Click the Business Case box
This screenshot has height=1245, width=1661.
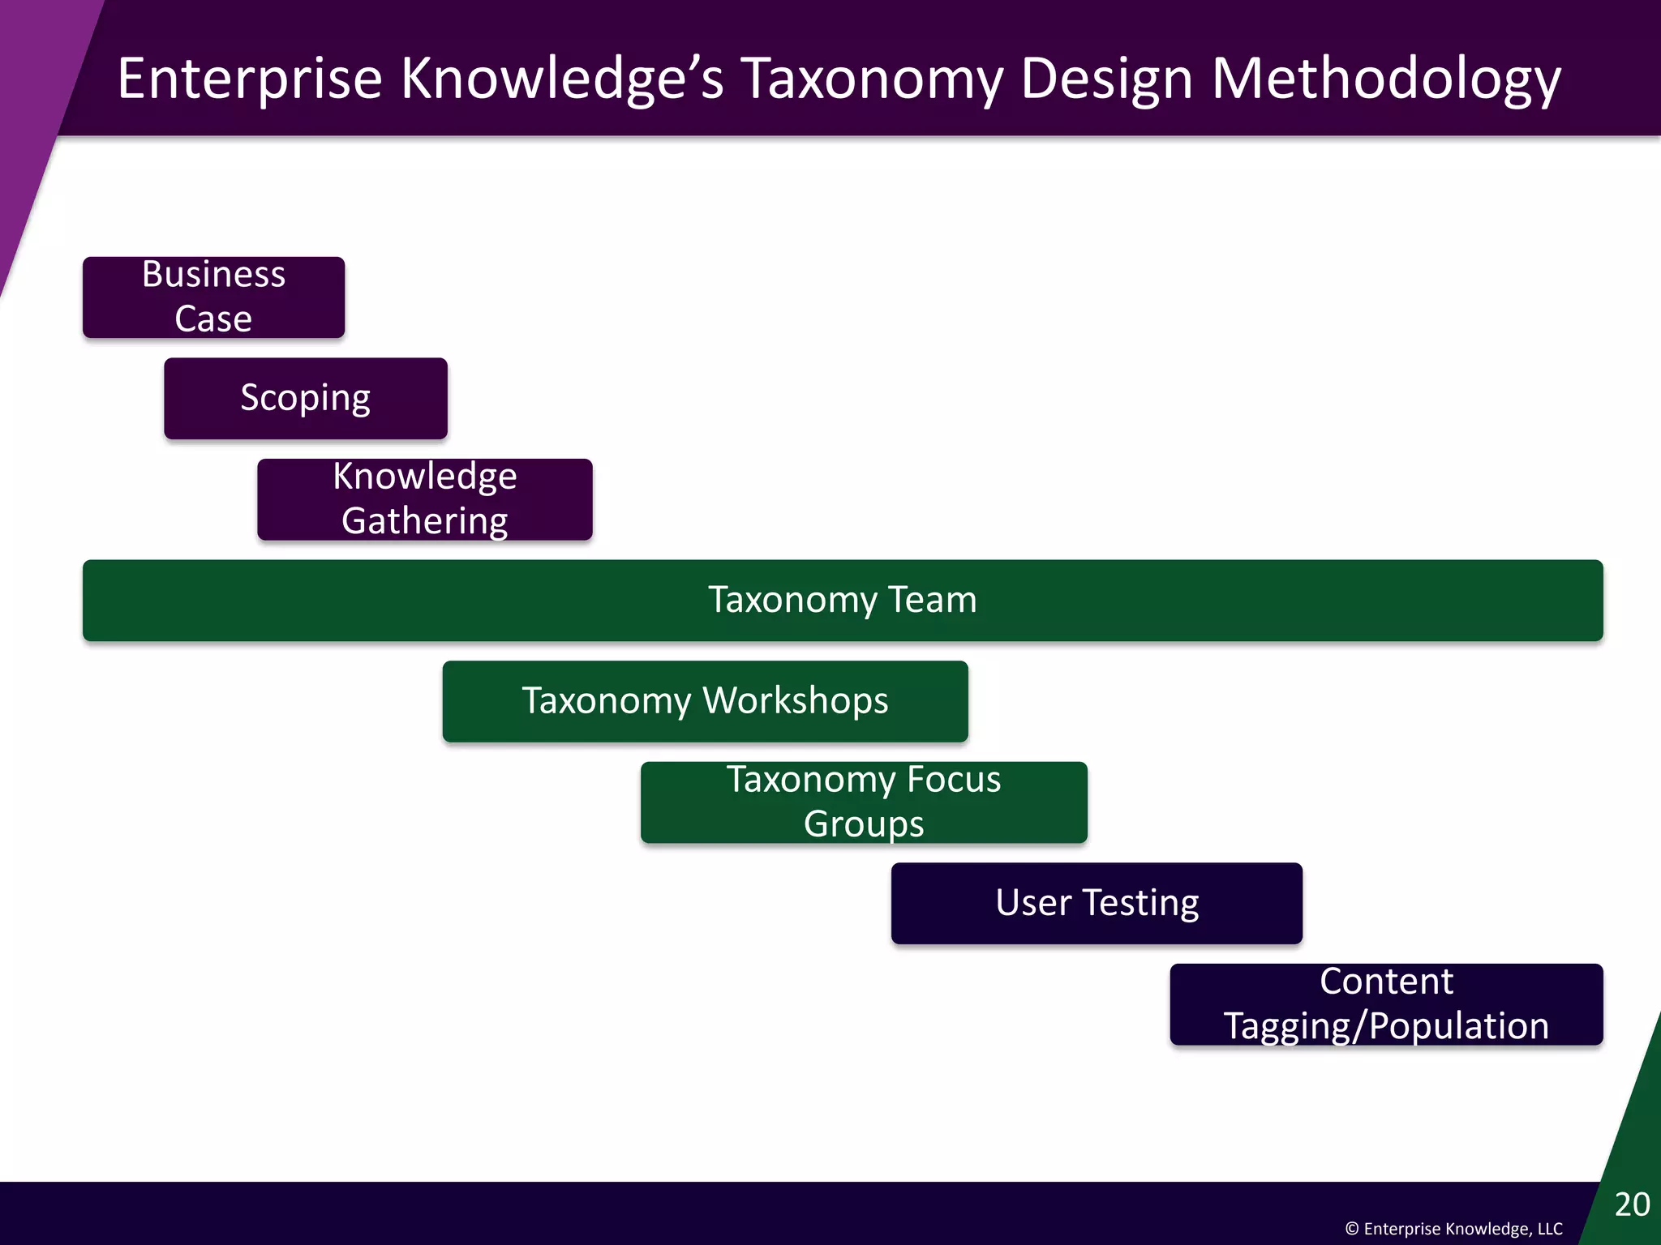click(x=213, y=297)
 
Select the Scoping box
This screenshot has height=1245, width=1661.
click(x=305, y=398)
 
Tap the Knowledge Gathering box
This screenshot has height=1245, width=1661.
click(x=424, y=498)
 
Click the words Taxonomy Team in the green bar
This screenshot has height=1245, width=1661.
click(x=842, y=600)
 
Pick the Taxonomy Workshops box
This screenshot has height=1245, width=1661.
click(x=704, y=701)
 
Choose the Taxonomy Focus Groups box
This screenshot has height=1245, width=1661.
click(x=863, y=802)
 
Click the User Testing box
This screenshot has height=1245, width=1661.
click(x=1096, y=903)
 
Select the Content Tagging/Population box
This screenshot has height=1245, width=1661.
click(x=1385, y=1003)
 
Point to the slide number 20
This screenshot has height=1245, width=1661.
click(x=1632, y=1204)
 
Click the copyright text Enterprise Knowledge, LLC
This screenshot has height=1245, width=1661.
click(x=1453, y=1229)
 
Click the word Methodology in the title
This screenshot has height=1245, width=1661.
click(x=1385, y=79)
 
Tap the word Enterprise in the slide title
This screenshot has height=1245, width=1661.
click(x=249, y=79)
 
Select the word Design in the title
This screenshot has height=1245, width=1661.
click(x=1106, y=79)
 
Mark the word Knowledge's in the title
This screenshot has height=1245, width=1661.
click(x=561, y=79)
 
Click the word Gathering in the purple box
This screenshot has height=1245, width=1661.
click(x=424, y=520)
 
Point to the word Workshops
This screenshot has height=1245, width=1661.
click(x=795, y=701)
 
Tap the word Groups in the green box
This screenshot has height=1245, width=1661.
click(x=863, y=824)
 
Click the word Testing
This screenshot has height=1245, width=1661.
click(x=1140, y=903)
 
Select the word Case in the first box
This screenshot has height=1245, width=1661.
click(x=213, y=319)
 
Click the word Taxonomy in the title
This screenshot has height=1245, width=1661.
click(x=871, y=79)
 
